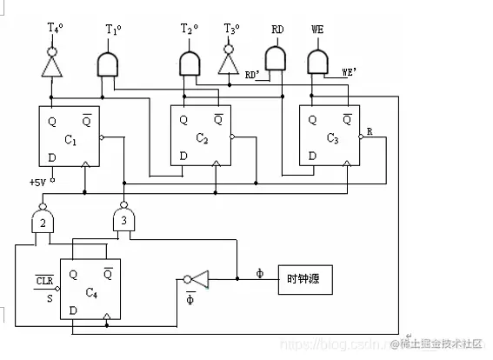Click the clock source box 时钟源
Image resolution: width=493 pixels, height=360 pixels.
[304, 279]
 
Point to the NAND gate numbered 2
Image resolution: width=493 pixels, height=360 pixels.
[41, 221]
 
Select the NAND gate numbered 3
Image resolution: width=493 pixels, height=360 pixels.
[124, 221]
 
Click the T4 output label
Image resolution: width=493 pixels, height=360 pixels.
[54, 28]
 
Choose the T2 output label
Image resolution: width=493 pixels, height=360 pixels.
[190, 29]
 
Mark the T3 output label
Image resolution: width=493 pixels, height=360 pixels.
[230, 29]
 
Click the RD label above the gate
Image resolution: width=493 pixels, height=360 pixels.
[277, 29]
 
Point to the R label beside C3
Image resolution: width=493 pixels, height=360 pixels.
[370, 131]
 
